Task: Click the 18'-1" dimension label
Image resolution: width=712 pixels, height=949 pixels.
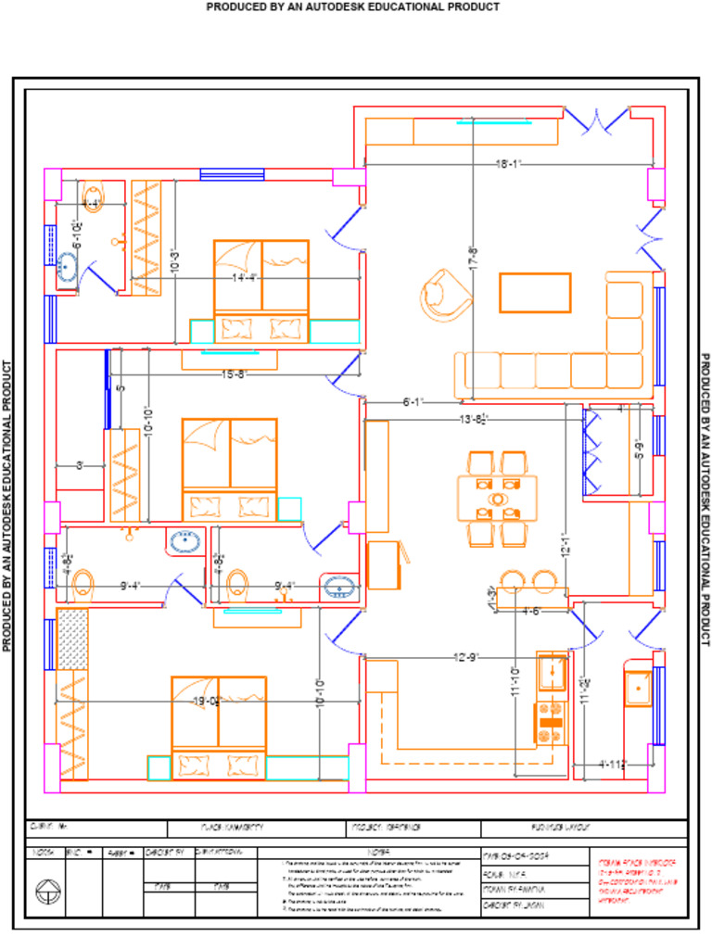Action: click(x=509, y=164)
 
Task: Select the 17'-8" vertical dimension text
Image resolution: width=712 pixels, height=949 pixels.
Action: click(x=473, y=258)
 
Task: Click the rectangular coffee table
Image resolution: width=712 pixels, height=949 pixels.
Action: click(x=535, y=292)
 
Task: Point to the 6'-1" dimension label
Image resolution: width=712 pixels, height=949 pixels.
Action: click(x=413, y=402)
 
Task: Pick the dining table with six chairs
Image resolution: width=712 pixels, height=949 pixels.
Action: click(x=497, y=499)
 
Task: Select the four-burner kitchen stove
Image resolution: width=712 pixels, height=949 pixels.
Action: click(x=551, y=723)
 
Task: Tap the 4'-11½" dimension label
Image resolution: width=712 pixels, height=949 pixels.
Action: click(x=614, y=765)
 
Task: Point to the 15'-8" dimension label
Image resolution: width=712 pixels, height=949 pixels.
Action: click(x=234, y=374)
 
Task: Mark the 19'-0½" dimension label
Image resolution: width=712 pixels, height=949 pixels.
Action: click(x=206, y=702)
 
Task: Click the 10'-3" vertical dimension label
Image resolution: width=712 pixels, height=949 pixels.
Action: click(x=174, y=262)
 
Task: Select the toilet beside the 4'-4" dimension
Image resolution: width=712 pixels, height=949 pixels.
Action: click(x=92, y=196)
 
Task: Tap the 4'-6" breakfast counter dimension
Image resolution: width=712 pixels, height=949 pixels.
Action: click(x=530, y=611)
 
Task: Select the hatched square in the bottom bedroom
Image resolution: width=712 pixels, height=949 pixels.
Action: click(x=71, y=639)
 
